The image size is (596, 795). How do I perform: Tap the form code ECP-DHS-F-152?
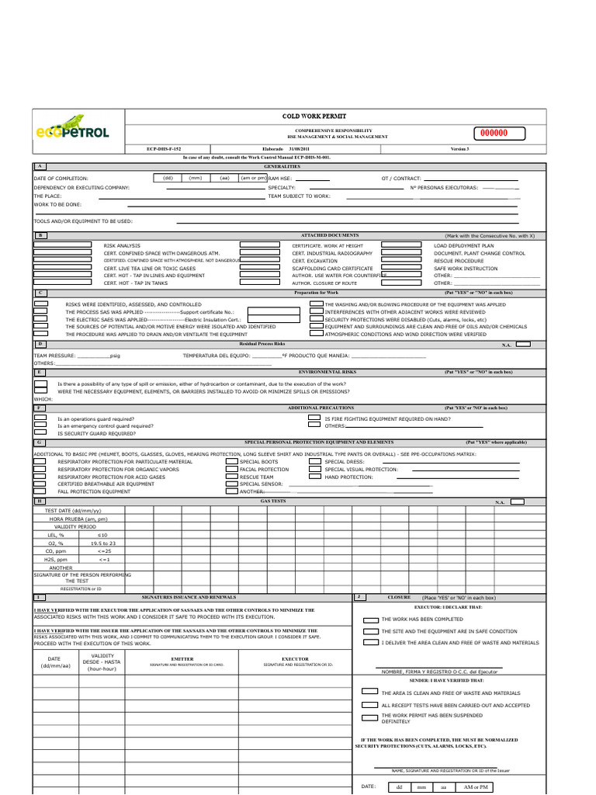click(x=164, y=148)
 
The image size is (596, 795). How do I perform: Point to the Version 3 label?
click(x=459, y=148)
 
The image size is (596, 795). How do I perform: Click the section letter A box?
click(x=40, y=166)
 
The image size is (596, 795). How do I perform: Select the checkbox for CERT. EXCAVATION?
click(x=260, y=261)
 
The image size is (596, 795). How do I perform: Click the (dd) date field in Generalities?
click(x=168, y=178)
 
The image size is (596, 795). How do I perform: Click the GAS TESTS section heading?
click(x=272, y=502)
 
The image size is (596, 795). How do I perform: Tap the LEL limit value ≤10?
click(x=102, y=535)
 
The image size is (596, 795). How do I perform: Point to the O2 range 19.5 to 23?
click(x=102, y=543)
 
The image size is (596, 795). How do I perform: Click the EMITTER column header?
click(x=187, y=659)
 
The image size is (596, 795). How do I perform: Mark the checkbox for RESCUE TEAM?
click(x=231, y=477)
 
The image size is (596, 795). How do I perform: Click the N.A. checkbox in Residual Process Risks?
click(x=524, y=343)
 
